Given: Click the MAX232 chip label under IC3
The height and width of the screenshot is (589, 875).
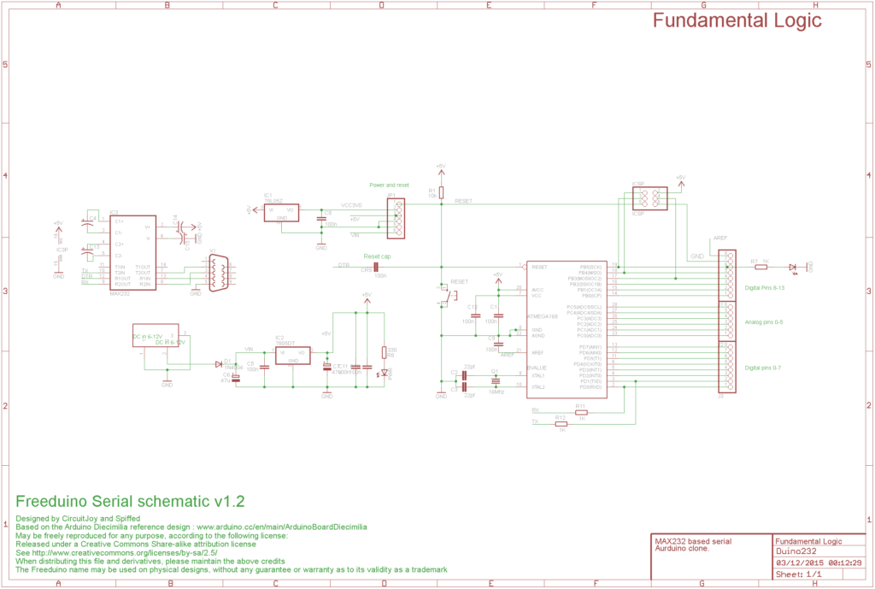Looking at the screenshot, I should [x=120, y=294].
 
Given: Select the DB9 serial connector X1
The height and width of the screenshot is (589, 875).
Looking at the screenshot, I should [x=216, y=274].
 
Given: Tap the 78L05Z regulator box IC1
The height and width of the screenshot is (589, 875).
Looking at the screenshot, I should [x=281, y=213].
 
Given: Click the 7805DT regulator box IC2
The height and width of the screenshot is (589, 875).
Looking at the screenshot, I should [x=292, y=356].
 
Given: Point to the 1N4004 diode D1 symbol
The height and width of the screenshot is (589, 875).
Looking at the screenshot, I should [x=218, y=363].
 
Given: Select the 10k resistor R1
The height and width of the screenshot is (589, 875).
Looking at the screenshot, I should [x=441, y=193].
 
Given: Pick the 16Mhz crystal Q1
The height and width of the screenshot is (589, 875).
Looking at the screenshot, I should [x=495, y=381].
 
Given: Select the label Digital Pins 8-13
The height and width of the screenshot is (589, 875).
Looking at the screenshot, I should [x=765, y=288].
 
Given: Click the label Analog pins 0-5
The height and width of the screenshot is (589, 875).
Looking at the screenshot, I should [x=764, y=321].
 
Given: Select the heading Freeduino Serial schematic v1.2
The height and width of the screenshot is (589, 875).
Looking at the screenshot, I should [x=131, y=501].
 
